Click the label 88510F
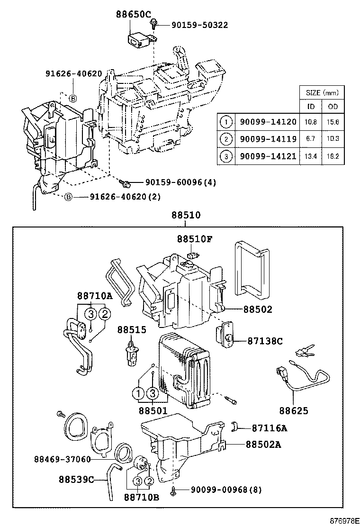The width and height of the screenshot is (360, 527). (195, 239)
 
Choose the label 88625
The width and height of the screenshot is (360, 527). (293, 410)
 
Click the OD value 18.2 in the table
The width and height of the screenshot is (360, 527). (333, 155)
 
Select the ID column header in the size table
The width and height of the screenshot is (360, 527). (311, 107)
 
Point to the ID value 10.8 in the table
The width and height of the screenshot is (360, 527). (311, 122)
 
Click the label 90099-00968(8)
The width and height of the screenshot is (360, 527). (220, 489)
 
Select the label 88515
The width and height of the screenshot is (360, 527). (132, 329)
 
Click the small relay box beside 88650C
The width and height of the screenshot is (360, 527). (137, 37)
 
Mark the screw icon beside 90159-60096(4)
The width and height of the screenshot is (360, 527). (126, 182)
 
